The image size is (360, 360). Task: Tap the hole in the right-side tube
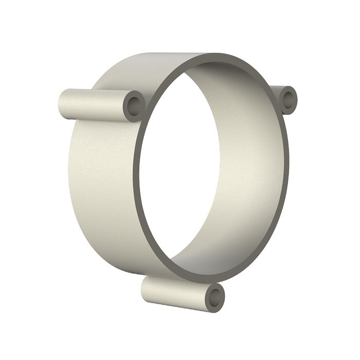click(x=287, y=99)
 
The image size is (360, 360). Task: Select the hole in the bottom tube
click(x=215, y=297)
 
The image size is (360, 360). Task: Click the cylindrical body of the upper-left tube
click(x=95, y=104)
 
